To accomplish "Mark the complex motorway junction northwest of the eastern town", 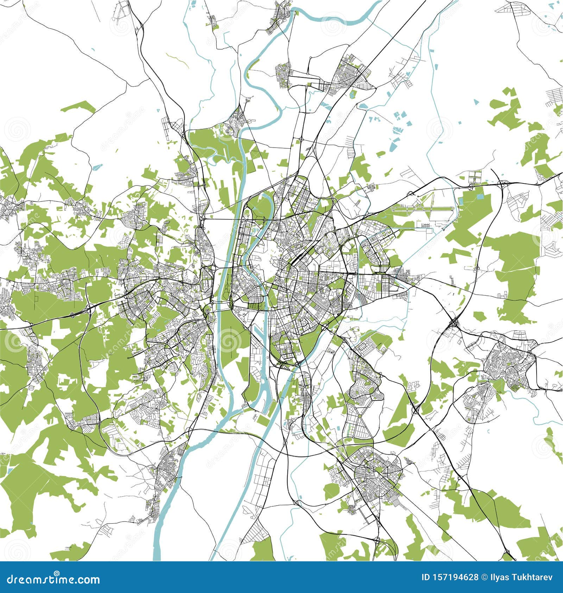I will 454,322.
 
